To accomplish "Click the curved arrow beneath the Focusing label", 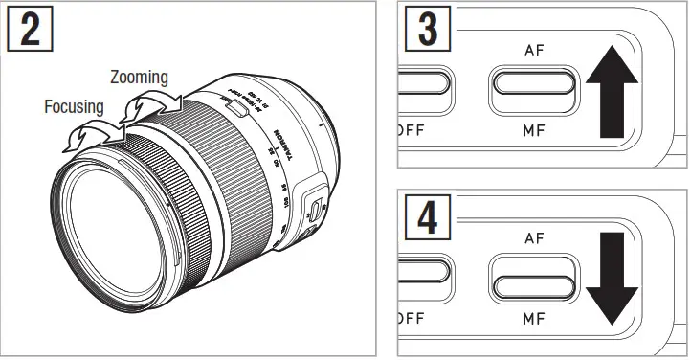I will pyautogui.click(x=91, y=135).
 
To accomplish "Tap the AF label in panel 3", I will pyautogui.click(x=534, y=49).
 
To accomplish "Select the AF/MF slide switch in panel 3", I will pyautogui.click(x=534, y=88).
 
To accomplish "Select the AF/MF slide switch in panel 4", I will pyautogui.click(x=534, y=283).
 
